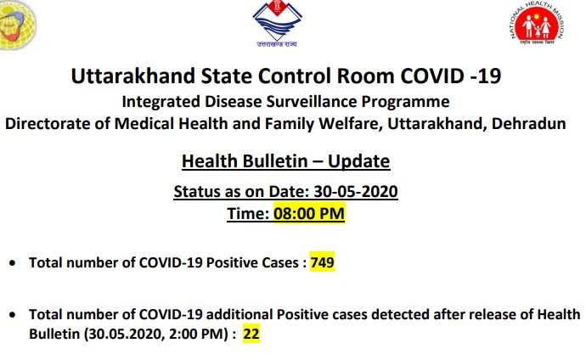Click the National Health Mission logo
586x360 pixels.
point(538,23)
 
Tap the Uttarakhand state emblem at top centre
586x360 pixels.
point(277,23)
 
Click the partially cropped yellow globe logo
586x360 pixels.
point(17,25)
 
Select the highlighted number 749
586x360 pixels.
point(322,262)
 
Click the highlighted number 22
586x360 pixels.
point(251,334)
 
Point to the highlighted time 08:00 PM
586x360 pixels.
point(309,214)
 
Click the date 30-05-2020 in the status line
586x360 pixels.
point(355,192)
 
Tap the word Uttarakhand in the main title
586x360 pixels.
point(133,76)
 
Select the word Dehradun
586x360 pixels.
point(528,124)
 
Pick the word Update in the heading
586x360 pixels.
point(358,161)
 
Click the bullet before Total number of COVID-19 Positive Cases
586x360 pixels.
point(13,263)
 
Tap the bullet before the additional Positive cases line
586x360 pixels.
point(13,315)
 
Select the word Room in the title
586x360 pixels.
point(365,76)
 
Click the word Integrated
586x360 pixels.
point(161,102)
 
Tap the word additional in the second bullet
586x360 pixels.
point(239,314)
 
